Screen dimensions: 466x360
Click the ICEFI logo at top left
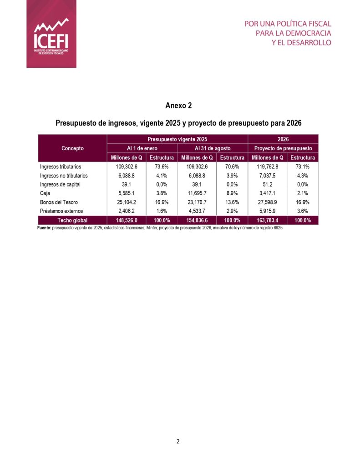(51, 34)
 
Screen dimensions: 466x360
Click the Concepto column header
(72, 148)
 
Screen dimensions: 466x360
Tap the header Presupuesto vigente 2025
(177, 139)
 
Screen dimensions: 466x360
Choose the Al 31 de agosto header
(213, 148)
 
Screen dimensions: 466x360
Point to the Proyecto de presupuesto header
(283, 148)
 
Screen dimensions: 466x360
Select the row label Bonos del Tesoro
(59, 203)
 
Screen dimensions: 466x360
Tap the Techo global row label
(72, 221)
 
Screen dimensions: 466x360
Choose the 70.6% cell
(233, 167)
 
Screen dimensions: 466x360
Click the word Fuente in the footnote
(45, 228)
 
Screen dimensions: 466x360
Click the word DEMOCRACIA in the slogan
(309, 33)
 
